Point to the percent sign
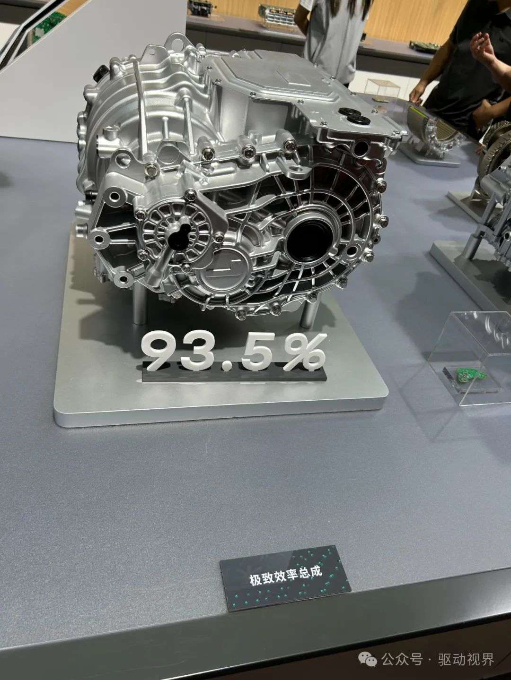(304, 351)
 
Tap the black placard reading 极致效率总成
(285, 574)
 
